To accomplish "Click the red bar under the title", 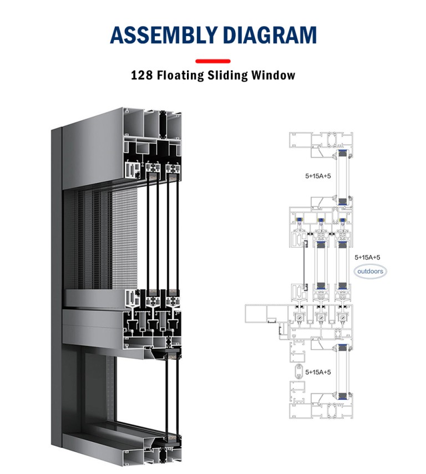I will pos(213,60).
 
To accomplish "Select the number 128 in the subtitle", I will pos(142,75).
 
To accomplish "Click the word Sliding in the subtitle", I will pos(229,75).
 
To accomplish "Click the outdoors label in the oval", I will pos(370,272).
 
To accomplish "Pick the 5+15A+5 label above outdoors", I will pos(367,257).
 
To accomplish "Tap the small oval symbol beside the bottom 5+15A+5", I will pos(297,371).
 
